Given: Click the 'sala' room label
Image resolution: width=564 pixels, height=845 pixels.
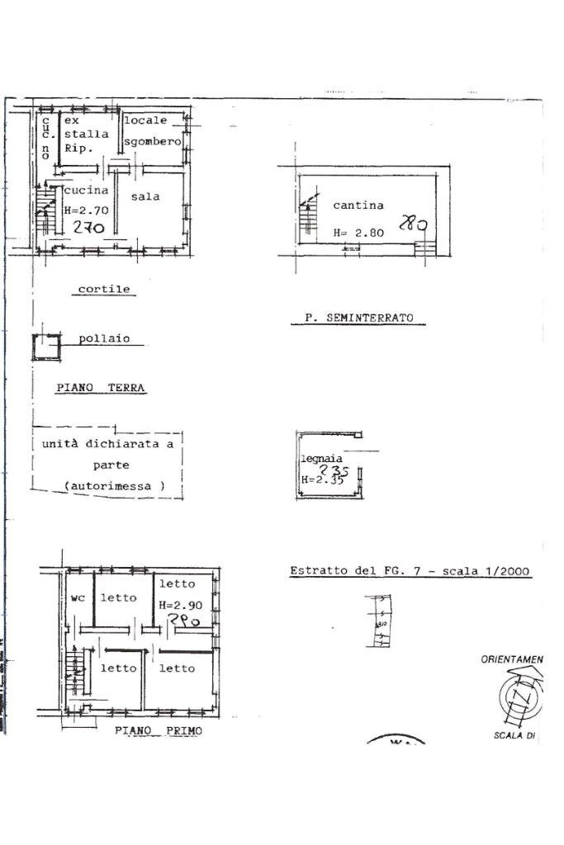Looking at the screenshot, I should pyautogui.click(x=145, y=196).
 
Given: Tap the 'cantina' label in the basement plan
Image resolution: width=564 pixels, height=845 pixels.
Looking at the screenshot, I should pyautogui.click(x=354, y=205).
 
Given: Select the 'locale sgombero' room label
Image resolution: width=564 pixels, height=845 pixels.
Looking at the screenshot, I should pyautogui.click(x=152, y=131).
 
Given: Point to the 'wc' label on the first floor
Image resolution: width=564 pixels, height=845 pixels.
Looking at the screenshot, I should pyautogui.click(x=78, y=597).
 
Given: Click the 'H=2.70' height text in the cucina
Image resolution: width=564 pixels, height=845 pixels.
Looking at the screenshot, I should pyautogui.click(x=86, y=210).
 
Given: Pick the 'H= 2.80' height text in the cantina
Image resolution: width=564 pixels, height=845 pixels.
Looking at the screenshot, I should pyautogui.click(x=358, y=234).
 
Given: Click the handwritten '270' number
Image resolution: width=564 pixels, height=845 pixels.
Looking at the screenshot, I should pyautogui.click(x=89, y=228).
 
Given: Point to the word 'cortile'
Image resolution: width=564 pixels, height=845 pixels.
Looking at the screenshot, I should pyautogui.click(x=104, y=290).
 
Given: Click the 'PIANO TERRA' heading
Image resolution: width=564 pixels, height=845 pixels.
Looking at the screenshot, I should pyautogui.click(x=101, y=387).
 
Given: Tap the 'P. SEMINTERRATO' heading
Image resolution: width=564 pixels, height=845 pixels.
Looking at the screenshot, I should pyautogui.click(x=358, y=318).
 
